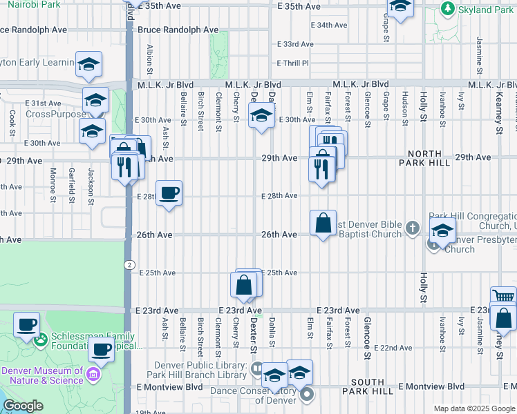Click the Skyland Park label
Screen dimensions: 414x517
click(487, 10)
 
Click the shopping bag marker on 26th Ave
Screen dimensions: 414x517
click(323, 223)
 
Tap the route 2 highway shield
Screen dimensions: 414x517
click(129, 265)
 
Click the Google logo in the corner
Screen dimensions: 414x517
click(23, 406)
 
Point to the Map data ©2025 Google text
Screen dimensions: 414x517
click(474, 408)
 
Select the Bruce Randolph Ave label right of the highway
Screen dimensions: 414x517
click(178, 30)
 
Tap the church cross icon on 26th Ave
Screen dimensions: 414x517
click(413, 226)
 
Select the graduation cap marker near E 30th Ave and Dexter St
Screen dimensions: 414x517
click(261, 116)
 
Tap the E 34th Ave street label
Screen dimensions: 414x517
click(328, 25)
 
